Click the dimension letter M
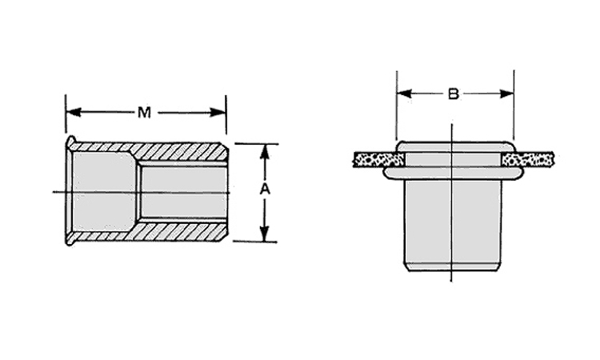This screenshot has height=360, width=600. click(144, 113)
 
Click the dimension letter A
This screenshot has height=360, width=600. click(265, 189)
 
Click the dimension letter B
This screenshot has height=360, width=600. click(454, 94)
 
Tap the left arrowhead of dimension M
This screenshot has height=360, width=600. click(74, 113)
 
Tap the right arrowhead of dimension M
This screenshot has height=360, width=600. click(218, 113)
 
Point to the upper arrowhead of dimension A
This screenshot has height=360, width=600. click(265, 151)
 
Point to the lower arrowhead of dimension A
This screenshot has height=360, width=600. click(265, 234)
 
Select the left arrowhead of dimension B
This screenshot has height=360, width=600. click(405, 94)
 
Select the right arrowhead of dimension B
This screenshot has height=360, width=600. click(506, 94)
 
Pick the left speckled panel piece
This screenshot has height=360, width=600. click(378, 159)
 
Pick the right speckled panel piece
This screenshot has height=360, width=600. click(528, 158)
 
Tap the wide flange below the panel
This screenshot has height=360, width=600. click(453, 174)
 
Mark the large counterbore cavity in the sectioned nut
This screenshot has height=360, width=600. click(104, 192)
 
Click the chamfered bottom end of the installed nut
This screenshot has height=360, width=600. click(453, 266)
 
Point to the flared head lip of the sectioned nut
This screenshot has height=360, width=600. click(70, 190)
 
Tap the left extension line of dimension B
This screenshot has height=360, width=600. click(397, 106)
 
